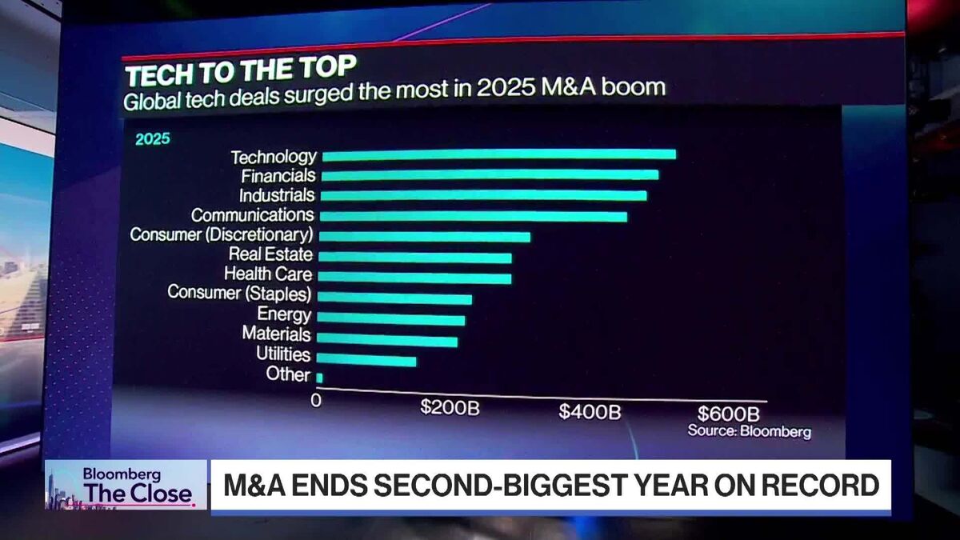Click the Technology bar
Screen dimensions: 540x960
tap(498, 155)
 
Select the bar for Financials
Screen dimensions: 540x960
tap(490, 175)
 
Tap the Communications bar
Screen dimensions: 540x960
tap(474, 216)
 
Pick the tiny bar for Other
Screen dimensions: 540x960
tap(320, 378)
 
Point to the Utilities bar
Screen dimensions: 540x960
tap(367, 360)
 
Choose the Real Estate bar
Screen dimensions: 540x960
tap(415, 258)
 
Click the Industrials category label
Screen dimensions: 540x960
tap(277, 194)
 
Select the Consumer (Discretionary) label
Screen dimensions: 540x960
tap(221, 234)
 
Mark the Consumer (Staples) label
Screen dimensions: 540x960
tap(239, 293)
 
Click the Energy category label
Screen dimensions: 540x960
tap(284, 314)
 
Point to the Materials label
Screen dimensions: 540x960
tap(276, 334)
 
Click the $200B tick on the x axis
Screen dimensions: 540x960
tap(450, 408)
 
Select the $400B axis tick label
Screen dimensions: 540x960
tap(590, 412)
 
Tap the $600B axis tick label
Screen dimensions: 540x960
tap(728, 414)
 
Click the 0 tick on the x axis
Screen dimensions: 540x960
tap(316, 400)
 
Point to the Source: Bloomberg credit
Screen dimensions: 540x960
tap(749, 432)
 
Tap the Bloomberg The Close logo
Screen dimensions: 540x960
tap(126, 485)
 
